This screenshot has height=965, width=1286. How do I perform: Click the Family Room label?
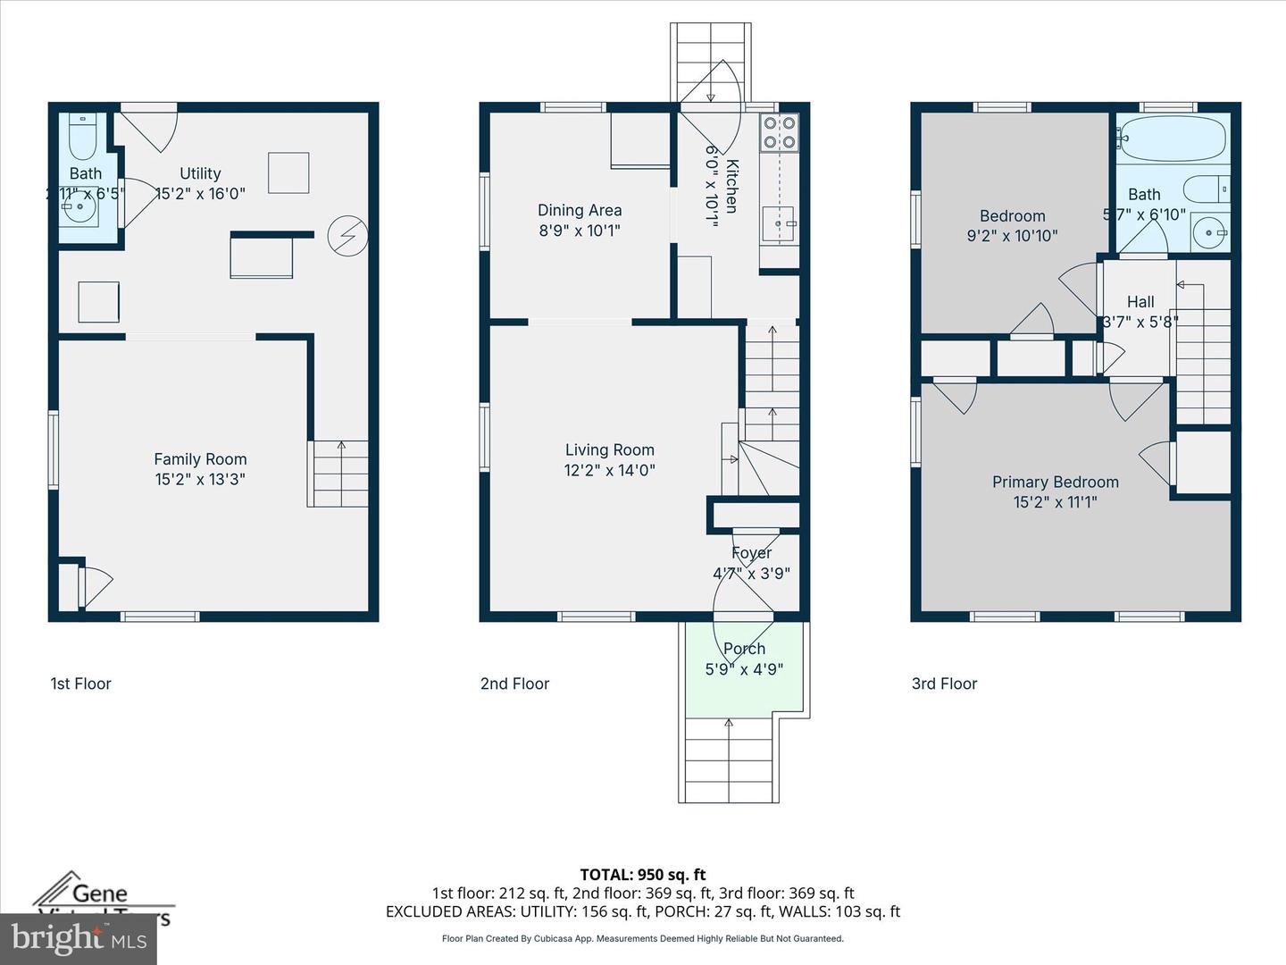point(200,459)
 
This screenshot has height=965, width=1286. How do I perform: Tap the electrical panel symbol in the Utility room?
point(347,235)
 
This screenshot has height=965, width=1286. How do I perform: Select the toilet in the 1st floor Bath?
point(82,134)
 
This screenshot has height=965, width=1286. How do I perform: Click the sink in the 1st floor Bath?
point(80,212)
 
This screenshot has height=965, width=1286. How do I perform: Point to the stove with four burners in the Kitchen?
point(778,132)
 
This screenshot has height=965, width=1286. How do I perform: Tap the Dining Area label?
point(580,210)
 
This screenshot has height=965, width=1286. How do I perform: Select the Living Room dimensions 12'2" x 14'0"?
point(609,470)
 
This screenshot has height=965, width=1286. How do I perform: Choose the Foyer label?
point(751,553)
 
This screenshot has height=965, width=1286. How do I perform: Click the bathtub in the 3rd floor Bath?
point(1171,138)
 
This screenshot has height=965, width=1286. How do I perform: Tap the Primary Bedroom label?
point(1055,482)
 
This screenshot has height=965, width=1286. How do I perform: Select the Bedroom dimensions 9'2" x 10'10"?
point(1012,236)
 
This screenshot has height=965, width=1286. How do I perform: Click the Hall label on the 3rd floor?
point(1140,302)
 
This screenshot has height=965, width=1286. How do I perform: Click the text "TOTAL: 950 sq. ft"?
point(642,874)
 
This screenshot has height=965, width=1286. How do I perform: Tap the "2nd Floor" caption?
point(514,684)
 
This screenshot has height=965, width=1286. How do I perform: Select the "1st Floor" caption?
point(80,684)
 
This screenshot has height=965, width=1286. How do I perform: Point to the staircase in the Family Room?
point(339,474)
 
